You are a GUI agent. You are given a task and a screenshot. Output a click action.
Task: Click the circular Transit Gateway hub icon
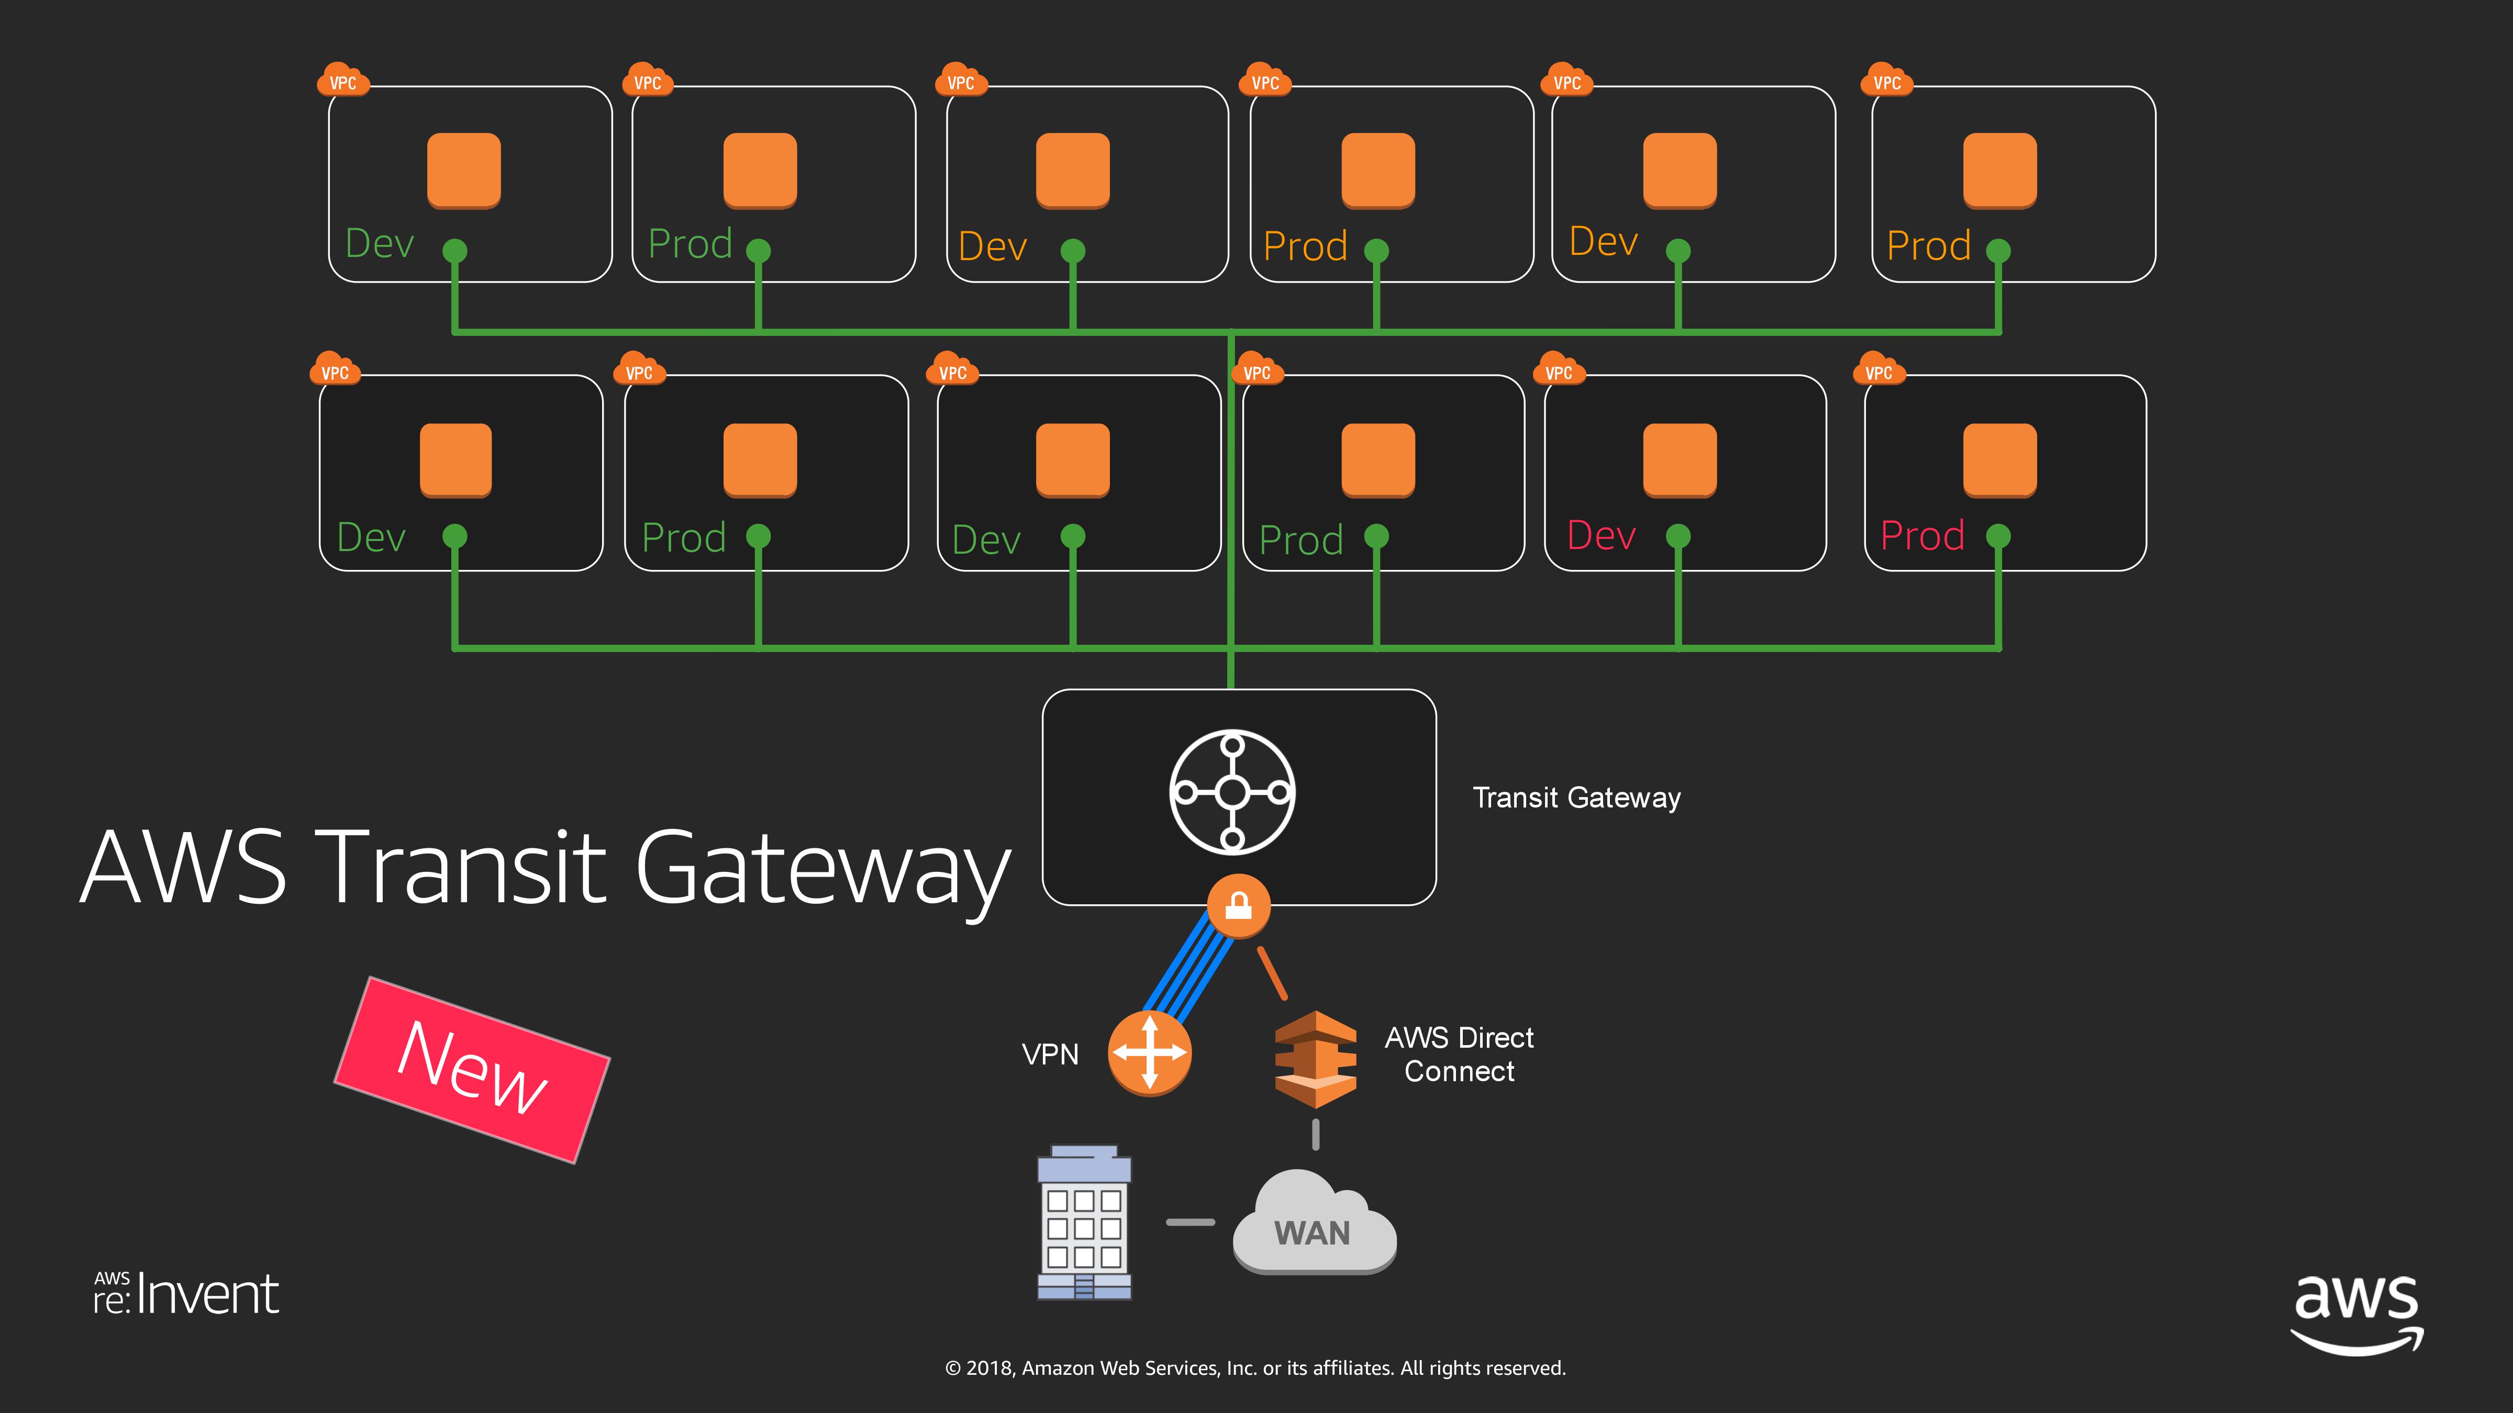click(1232, 792)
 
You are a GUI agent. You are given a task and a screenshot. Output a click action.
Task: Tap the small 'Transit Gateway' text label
click(1575, 798)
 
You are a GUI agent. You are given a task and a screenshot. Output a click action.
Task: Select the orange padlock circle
click(1238, 906)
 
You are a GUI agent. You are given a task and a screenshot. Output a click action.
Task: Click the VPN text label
click(1050, 1054)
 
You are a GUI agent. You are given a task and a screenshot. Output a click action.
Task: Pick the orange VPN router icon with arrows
click(1149, 1053)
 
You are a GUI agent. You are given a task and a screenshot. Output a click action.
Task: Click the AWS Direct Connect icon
click(1315, 1059)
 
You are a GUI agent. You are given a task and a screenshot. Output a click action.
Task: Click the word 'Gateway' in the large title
click(822, 868)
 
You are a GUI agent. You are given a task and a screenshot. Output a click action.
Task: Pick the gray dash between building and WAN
click(1190, 1222)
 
